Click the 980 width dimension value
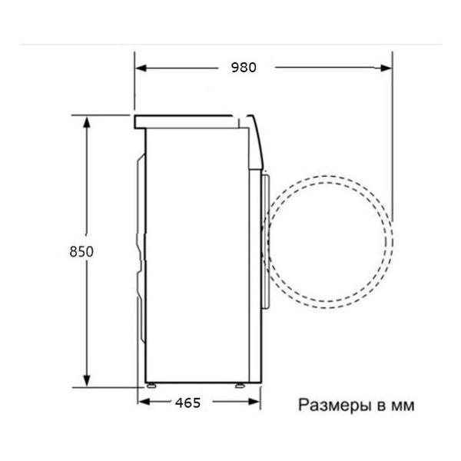[x=243, y=68]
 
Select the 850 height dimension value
[x=81, y=251]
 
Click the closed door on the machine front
[x=266, y=238]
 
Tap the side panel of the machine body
[x=196, y=254]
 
